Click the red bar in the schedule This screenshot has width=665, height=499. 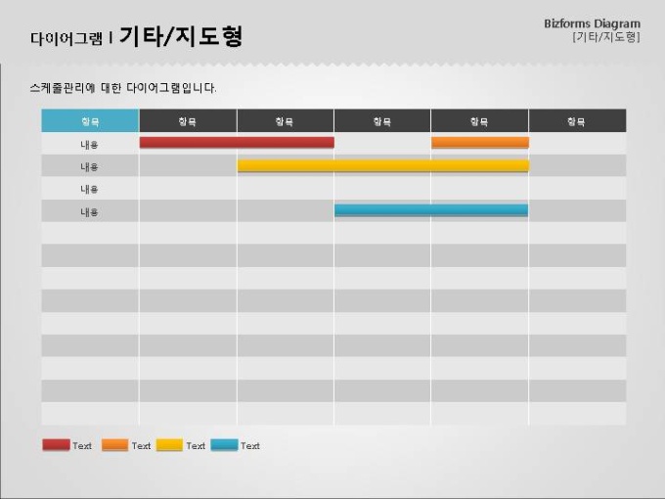237,143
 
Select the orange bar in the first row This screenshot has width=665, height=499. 479,143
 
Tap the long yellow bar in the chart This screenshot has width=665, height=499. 382,165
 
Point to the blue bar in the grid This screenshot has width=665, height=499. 430,210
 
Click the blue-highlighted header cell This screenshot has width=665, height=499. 90,121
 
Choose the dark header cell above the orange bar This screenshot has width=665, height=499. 479,121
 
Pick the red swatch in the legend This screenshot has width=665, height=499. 57,445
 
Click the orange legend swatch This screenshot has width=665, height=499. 114,445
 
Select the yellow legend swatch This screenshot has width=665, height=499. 169,445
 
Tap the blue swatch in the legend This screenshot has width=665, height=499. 224,445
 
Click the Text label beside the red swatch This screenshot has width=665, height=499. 82,446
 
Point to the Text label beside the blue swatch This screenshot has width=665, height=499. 250,446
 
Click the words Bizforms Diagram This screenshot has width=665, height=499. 592,23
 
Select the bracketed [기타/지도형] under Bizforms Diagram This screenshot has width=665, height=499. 605,37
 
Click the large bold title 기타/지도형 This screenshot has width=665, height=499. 181,37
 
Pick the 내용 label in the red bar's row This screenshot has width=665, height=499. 90,144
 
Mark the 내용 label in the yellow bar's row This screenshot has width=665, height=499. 90,166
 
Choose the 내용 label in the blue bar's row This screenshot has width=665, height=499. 90,211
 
